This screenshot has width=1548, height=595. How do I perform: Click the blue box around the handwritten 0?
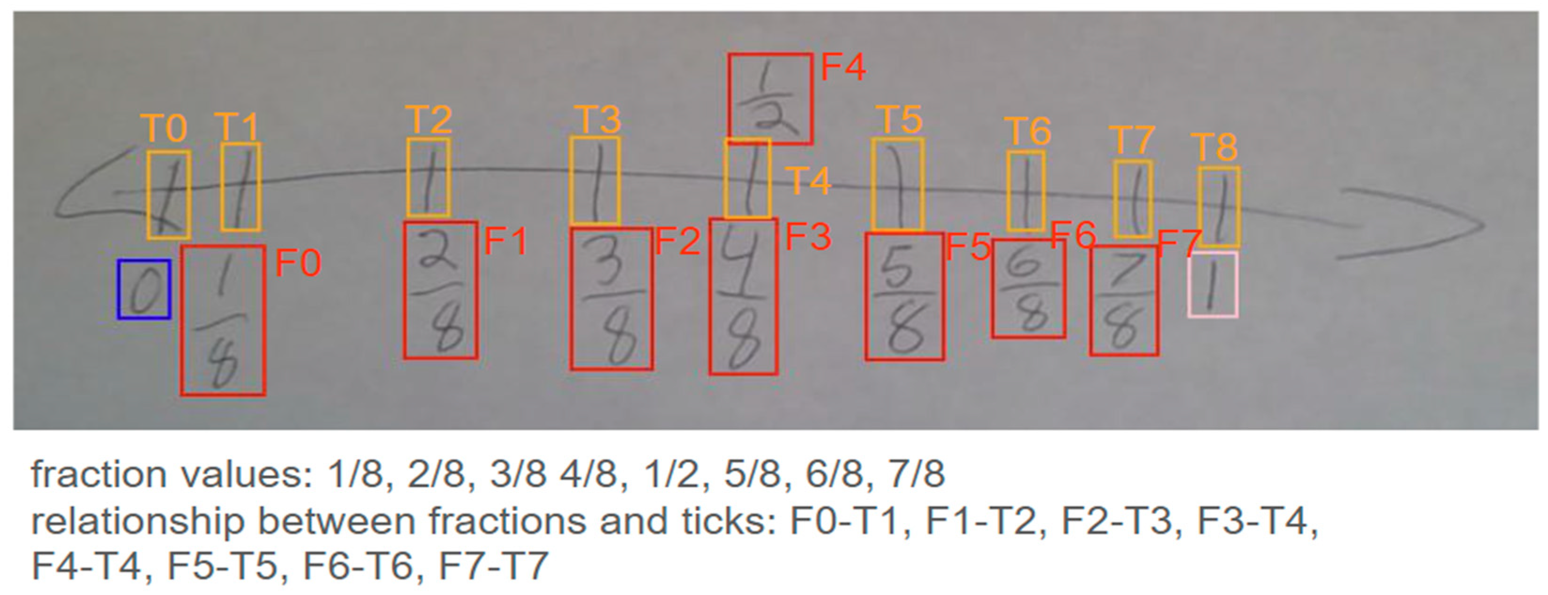[x=144, y=289]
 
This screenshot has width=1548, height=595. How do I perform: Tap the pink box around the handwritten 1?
[x=1213, y=285]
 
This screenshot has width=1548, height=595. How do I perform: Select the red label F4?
[x=843, y=67]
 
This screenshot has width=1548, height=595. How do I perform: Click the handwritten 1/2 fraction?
[x=770, y=99]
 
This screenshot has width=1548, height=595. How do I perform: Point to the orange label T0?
[x=164, y=128]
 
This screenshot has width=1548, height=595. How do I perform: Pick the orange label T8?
[x=1214, y=147]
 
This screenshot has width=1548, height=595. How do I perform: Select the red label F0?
[x=298, y=263]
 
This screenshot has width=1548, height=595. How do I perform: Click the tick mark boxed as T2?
[x=428, y=177]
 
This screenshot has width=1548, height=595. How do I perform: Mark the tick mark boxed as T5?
[x=897, y=185]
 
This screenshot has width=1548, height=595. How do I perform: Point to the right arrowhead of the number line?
[x=1466, y=226]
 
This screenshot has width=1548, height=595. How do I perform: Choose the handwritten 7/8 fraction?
[x=1124, y=300]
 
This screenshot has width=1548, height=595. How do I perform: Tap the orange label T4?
[x=808, y=180]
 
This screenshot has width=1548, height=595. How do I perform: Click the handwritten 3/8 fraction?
[x=611, y=299]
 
